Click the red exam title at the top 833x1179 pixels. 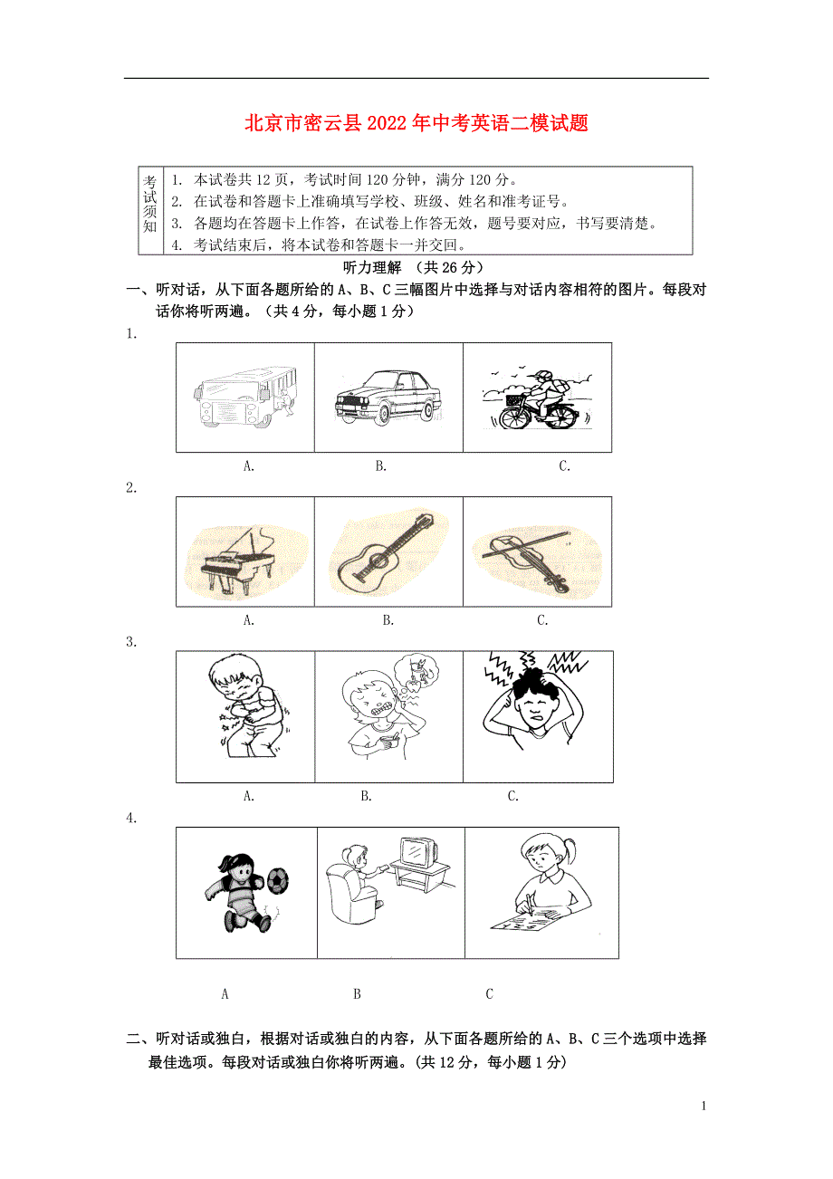coord(416,123)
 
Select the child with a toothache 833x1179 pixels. coord(381,714)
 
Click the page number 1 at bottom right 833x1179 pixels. coord(704,1106)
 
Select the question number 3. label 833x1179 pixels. coord(131,642)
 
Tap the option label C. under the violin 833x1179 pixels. coord(542,620)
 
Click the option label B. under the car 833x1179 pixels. coord(381,466)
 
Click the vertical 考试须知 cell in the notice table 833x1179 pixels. coord(149,211)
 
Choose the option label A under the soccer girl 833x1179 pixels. coord(225,993)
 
